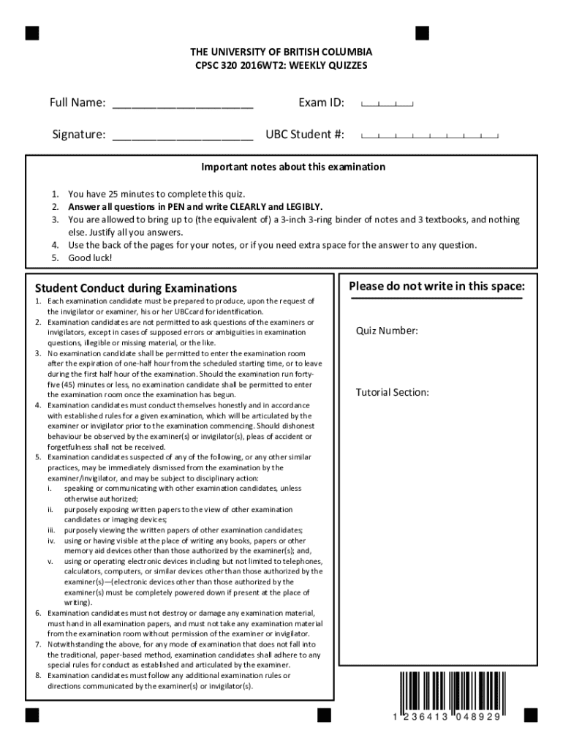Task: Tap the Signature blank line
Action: click(183, 137)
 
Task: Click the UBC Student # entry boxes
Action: click(430, 136)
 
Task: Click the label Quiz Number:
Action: click(387, 331)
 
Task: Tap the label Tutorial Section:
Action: click(392, 393)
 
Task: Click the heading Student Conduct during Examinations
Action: click(132, 288)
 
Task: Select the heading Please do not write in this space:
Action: click(437, 286)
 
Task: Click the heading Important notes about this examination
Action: click(293, 167)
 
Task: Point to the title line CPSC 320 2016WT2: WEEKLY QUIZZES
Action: click(281, 66)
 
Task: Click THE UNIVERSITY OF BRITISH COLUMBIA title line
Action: click(281, 53)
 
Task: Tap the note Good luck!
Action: click(91, 258)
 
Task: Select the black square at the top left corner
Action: click(32, 33)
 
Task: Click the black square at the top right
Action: click(422, 33)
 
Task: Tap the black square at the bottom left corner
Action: click(32, 713)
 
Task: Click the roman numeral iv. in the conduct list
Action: click(52, 541)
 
